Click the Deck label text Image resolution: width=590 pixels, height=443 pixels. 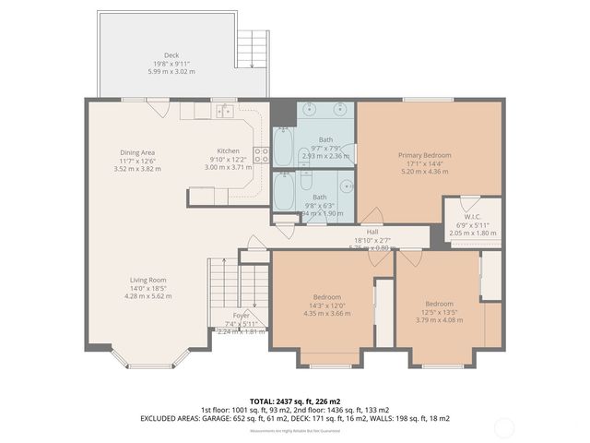pyautogui.click(x=171, y=55)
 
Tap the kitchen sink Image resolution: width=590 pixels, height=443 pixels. pyautogui.click(x=223, y=112)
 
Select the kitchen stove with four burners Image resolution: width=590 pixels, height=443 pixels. pyautogui.click(x=261, y=154)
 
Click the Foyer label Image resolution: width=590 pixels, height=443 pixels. pyautogui.click(x=242, y=316)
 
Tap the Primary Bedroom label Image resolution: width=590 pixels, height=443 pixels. pyautogui.click(x=424, y=155)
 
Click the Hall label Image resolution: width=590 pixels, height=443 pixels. pyautogui.click(x=372, y=232)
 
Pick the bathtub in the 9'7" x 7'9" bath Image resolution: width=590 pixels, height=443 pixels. pyautogui.click(x=284, y=146)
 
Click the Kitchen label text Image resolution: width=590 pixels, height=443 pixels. pyautogui.click(x=228, y=151)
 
